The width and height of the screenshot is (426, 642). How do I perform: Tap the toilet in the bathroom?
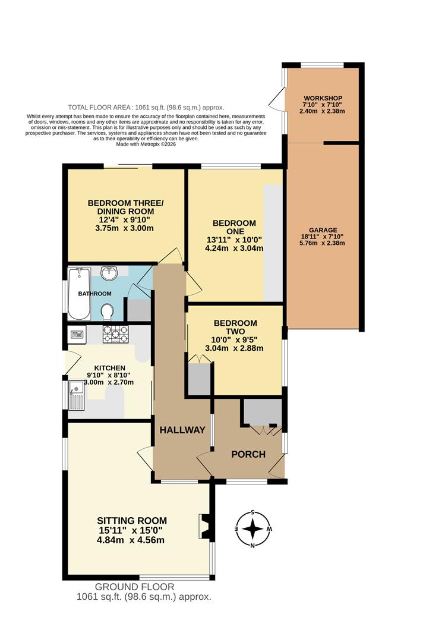point(108,311)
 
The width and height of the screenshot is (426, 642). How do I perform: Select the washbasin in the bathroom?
point(109,273)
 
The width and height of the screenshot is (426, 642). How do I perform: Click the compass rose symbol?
point(253,528)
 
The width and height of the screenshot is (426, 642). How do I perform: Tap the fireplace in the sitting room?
point(204,525)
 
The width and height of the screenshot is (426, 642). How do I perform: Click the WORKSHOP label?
point(322,97)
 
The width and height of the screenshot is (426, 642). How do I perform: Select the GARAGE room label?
point(323,230)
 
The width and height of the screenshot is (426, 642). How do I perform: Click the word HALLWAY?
point(182,430)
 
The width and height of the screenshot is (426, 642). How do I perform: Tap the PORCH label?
point(248,455)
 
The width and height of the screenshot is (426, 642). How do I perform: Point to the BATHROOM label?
point(95,294)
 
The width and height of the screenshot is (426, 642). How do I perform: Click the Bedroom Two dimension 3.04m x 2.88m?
point(234,348)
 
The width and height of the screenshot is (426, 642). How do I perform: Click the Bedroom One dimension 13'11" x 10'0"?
point(234,240)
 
